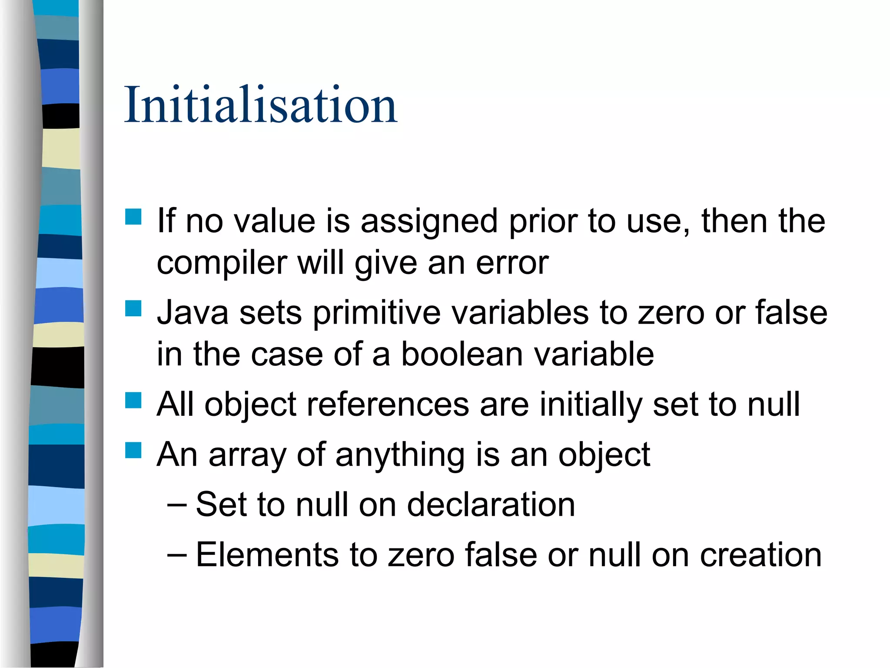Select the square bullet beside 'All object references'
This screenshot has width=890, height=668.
(133, 401)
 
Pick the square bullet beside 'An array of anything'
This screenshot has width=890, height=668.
(133, 451)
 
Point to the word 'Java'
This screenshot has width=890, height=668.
(193, 312)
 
